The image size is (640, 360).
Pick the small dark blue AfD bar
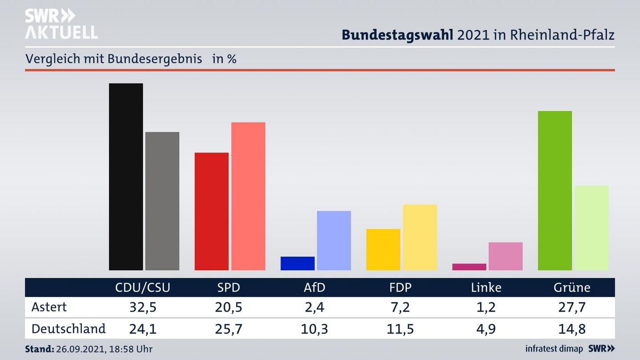297,263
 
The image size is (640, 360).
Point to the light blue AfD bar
334,240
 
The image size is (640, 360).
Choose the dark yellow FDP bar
383,249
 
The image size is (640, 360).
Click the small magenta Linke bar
469,267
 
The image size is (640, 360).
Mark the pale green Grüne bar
591,228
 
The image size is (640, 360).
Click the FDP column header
400,288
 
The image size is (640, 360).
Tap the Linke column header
486,288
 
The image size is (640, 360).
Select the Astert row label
49,307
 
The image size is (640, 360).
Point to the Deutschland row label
68,329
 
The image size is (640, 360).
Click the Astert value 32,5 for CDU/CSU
142,307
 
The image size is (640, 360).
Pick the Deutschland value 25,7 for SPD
228,329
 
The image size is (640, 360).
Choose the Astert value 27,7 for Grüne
572,307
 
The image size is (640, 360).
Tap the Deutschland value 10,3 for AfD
314,329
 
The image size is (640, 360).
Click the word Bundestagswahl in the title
397,35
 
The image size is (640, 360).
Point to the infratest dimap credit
554,349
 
